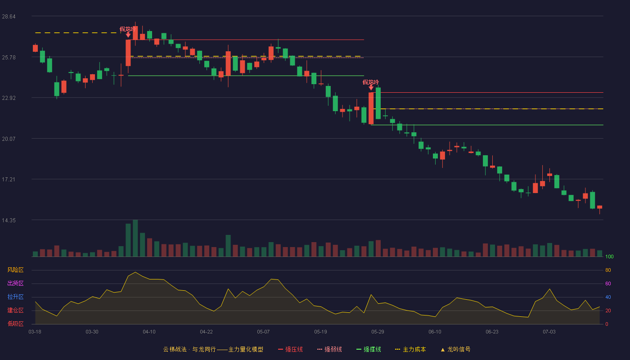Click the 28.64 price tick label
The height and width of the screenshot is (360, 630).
[9, 17]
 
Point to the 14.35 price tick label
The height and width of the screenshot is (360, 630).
[9, 220]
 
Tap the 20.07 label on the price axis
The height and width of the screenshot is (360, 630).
[9, 139]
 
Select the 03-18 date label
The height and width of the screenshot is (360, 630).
[35, 332]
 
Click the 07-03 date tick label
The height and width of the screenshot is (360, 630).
[549, 332]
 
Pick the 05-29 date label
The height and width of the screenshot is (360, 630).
[378, 332]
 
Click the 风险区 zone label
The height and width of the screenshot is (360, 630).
[15, 270]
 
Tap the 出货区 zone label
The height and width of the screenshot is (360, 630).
[15, 283]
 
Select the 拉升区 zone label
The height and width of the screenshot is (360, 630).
[15, 297]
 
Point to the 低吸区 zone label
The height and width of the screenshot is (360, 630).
[15, 324]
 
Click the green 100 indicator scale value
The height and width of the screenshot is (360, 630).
[609, 256]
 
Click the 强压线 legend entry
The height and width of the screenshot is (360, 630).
[291, 349]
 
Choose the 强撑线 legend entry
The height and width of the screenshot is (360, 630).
[369, 349]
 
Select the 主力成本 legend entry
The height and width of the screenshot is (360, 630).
[410, 349]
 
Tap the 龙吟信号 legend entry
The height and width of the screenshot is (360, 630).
[455, 349]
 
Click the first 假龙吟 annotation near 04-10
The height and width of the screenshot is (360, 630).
[128, 29]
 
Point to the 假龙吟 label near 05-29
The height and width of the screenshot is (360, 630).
[371, 82]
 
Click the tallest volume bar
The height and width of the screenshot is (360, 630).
[135, 238]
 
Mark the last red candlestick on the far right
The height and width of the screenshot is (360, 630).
[599, 207]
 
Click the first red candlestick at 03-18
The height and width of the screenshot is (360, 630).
[35, 48]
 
